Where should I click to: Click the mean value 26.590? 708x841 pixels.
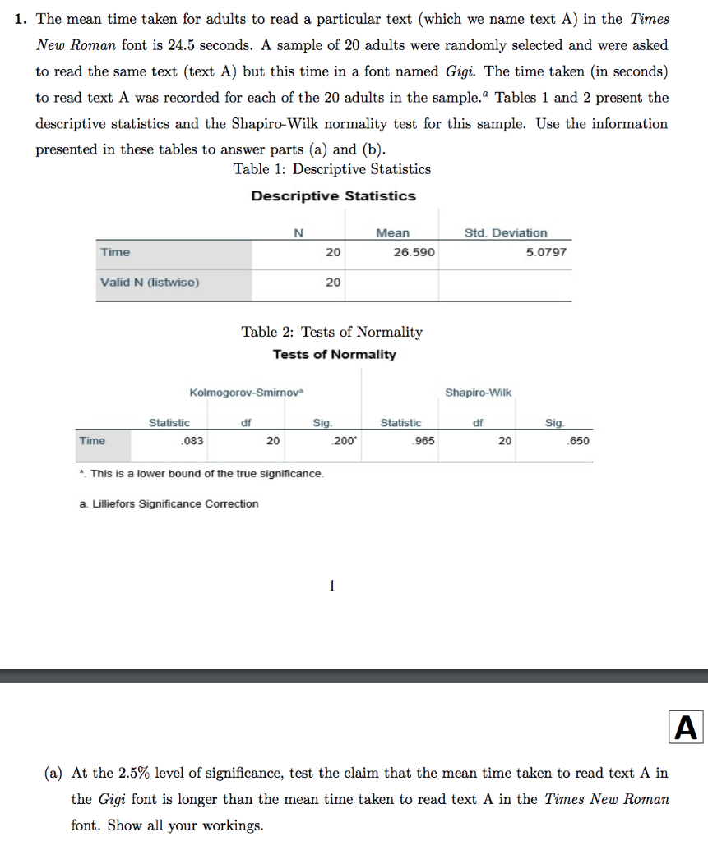point(414,252)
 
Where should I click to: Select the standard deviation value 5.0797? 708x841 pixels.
point(546,252)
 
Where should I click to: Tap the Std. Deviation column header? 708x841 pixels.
point(505,232)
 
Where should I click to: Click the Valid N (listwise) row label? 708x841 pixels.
point(149,283)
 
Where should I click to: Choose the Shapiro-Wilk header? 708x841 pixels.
point(478,393)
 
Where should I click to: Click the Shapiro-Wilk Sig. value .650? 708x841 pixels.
point(578,441)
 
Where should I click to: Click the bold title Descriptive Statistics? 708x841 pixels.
point(333,196)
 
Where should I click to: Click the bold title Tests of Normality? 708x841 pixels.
point(334,355)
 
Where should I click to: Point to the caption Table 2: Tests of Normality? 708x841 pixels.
point(331,332)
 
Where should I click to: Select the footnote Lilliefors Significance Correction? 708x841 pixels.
point(169,503)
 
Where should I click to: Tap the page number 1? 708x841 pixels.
point(331,586)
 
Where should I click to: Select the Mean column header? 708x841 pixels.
point(392,232)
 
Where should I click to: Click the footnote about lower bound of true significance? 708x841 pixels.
point(201,474)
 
